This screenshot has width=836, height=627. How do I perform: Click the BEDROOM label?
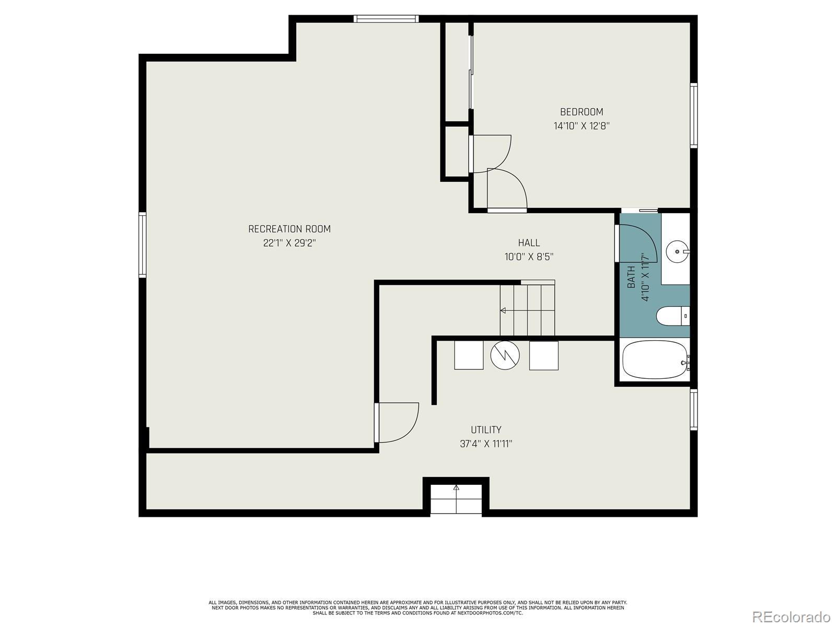point(581,112)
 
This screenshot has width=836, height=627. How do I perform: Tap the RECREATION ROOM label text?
point(289,229)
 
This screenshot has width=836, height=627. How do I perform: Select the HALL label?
point(529,243)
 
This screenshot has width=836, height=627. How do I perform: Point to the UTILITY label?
point(486,430)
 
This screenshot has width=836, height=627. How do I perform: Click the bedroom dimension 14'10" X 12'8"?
point(582,126)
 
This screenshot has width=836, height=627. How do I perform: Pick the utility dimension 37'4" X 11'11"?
point(486,444)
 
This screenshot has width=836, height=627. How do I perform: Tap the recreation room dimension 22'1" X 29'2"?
point(289,243)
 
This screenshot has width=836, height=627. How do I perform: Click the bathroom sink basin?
point(678,252)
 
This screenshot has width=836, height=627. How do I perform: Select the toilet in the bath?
point(673,316)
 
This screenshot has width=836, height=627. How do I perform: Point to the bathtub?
point(656,360)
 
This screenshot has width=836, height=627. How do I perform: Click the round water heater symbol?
point(505,355)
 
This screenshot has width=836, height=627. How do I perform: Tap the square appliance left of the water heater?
point(469,355)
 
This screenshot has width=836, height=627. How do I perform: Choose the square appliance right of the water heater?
point(544,355)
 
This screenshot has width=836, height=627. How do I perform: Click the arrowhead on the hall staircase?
point(503,311)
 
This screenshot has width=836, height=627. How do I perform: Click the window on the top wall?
point(386,19)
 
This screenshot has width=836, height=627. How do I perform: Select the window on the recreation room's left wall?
point(142,245)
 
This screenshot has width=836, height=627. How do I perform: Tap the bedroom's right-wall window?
point(694,115)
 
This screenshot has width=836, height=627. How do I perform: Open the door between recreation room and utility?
point(397,423)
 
